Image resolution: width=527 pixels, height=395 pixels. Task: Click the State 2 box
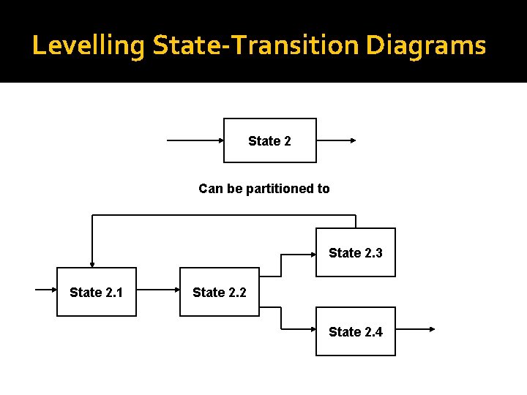pyautogui.click(x=269, y=140)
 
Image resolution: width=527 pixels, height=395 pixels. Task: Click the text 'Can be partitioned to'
pyautogui.click(x=263, y=189)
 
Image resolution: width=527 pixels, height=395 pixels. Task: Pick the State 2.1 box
pyautogui.click(x=97, y=292)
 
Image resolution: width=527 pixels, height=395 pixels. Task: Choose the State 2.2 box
pyautogui.click(x=220, y=292)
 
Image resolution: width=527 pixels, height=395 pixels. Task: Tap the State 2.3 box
pyautogui.click(x=356, y=252)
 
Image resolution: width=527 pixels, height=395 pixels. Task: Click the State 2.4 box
pyautogui.click(x=356, y=331)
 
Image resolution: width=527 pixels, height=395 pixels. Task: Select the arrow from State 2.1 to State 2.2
pyautogui.click(x=157, y=290)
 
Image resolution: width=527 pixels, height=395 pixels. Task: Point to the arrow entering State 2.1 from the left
pyautogui.click(x=45, y=290)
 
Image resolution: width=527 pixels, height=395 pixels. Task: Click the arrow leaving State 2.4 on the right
pyautogui.click(x=415, y=329)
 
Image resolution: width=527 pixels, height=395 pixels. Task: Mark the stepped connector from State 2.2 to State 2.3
pyautogui.click(x=281, y=265)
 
